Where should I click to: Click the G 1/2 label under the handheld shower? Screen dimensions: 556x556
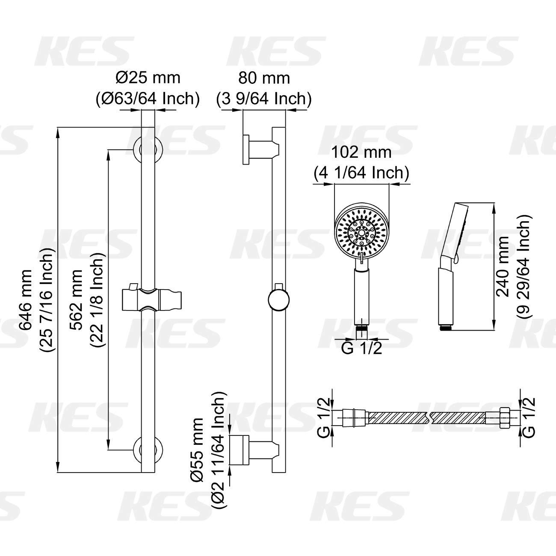click(x=361, y=348)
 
